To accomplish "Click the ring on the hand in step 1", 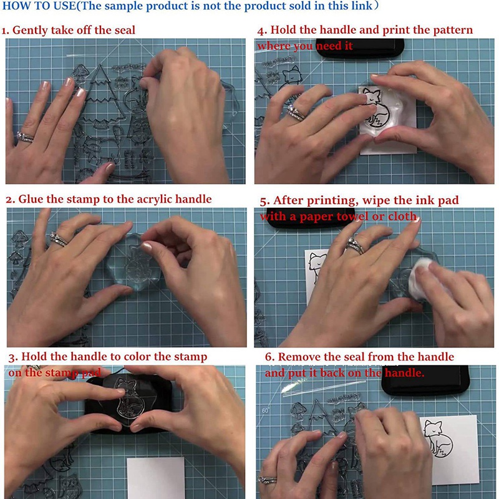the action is tap(26, 137).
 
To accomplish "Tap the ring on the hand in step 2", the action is tap(58, 238).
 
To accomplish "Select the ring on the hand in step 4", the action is tap(296, 112).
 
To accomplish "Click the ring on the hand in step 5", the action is tap(356, 246).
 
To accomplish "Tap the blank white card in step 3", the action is tap(156, 478).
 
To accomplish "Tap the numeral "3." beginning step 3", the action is tap(13, 357).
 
